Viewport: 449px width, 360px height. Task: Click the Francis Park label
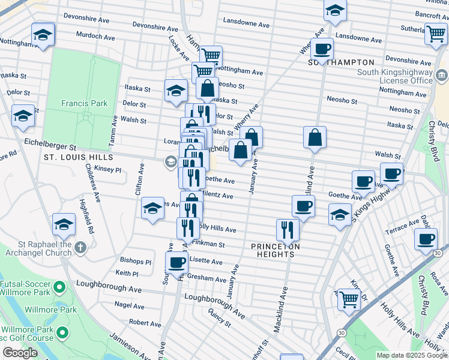point(84,103)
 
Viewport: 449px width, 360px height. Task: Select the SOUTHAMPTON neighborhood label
point(341,62)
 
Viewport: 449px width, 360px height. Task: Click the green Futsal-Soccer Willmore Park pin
point(59,287)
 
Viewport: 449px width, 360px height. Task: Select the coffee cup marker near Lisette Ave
point(176,262)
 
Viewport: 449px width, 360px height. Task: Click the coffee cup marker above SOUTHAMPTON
point(322,49)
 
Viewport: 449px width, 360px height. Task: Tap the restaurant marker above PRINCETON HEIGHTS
point(288,229)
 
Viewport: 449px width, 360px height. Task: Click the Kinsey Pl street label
point(108,170)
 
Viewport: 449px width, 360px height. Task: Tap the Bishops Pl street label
point(136,262)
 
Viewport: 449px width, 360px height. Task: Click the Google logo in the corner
point(20,353)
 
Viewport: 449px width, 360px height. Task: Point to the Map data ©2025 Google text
point(412,355)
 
